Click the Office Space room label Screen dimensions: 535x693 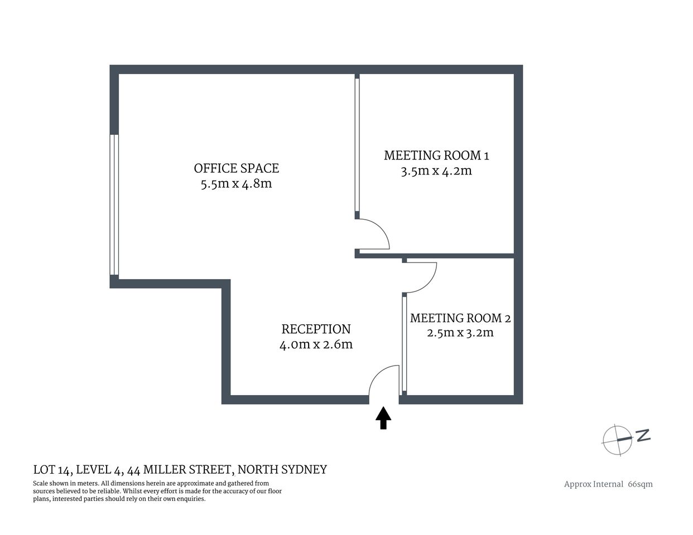pos(236,168)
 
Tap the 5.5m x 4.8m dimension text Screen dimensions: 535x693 pos(236,183)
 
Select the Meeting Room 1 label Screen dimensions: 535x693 pos(436,155)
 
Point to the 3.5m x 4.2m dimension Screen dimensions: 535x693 pos(436,171)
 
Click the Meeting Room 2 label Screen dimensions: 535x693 pos(460,318)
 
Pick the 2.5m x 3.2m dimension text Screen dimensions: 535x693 pos(460,333)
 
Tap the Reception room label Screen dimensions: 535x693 pos(316,329)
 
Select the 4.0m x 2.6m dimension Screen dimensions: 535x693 pos(316,344)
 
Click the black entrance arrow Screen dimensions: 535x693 pos(383,417)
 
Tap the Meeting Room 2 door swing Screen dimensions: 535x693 pos(420,276)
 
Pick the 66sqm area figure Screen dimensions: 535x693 pos(640,484)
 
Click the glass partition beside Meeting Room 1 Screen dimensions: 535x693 pos(357,145)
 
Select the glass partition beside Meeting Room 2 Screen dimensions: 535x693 pos(403,343)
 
